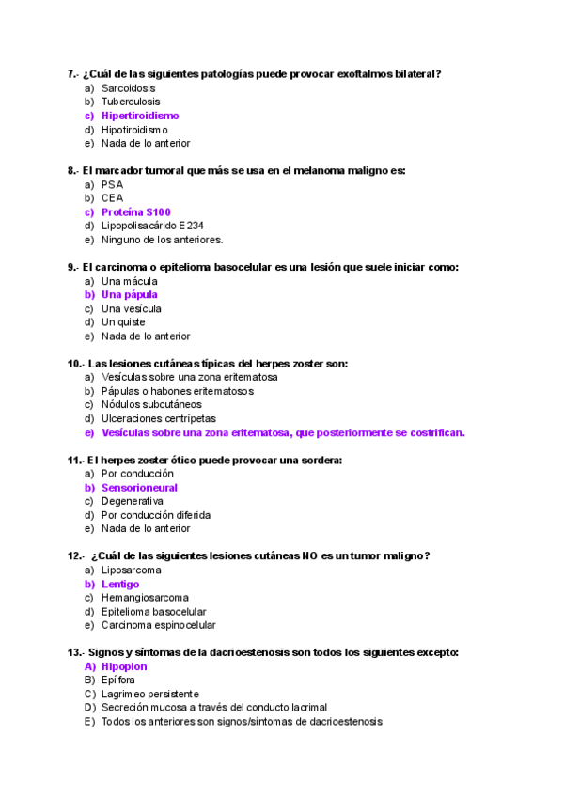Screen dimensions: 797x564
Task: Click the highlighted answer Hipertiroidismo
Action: pos(140,116)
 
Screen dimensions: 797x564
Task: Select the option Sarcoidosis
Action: pos(129,87)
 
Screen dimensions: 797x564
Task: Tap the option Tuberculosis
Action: pos(131,102)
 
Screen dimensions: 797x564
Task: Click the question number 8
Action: pos(72,171)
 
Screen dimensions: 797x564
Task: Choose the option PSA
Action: pos(112,185)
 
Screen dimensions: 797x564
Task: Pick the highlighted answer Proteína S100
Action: pos(136,212)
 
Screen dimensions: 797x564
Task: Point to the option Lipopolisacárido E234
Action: pos(152,226)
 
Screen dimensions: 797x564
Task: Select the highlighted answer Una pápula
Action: pos(130,294)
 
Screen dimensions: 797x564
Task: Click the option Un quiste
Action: pos(123,322)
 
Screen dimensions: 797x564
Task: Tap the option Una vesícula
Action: pos(132,308)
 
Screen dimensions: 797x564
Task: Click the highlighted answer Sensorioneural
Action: pos(139,488)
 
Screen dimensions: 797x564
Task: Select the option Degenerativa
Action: pos(133,502)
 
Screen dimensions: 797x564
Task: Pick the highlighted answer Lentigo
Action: pos(120,584)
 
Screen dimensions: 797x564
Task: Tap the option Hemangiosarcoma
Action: pos(145,598)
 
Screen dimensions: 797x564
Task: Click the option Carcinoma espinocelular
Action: pos(159,625)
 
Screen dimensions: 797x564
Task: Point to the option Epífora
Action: pos(118,680)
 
